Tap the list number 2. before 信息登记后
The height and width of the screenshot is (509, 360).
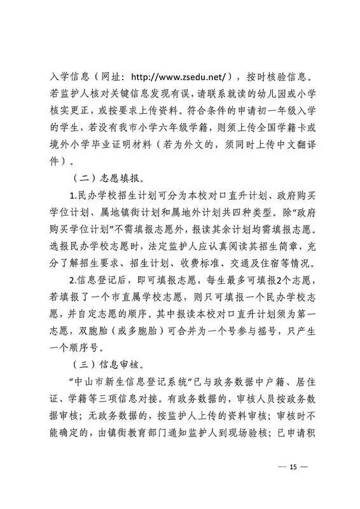tap(73, 279)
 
